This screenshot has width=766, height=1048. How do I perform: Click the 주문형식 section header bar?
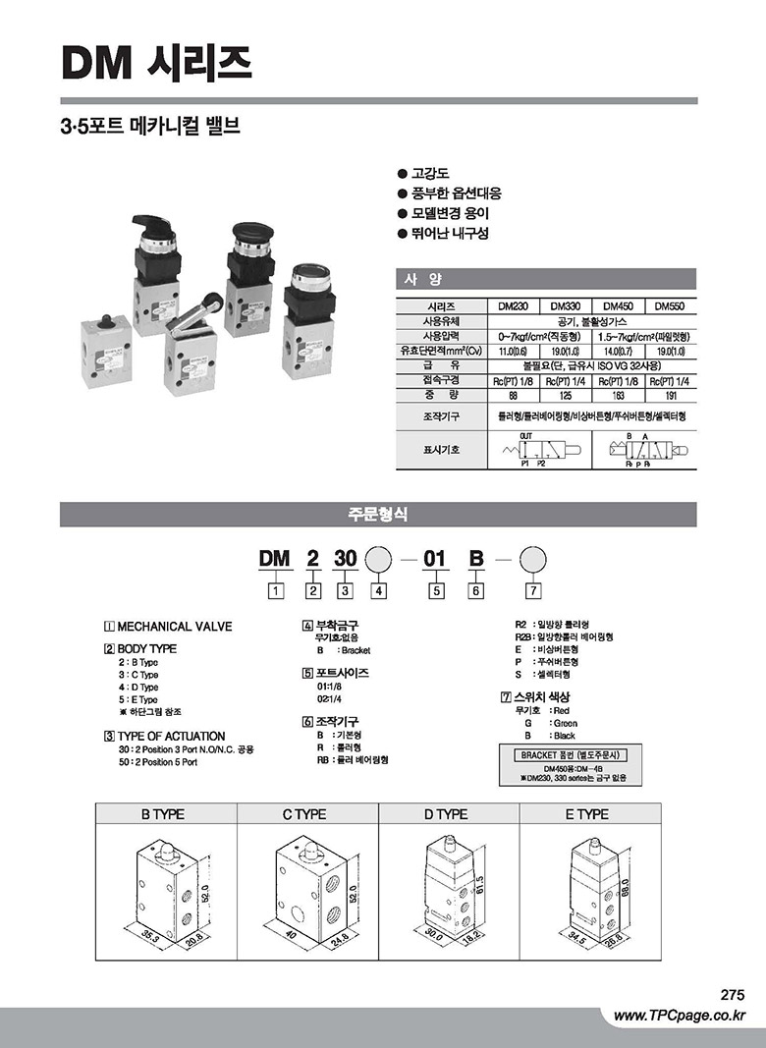[x=378, y=514]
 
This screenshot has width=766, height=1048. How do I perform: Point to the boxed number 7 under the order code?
[x=532, y=590]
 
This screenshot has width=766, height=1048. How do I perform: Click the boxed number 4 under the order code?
[x=379, y=590]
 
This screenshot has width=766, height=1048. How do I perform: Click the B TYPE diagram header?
[x=163, y=814]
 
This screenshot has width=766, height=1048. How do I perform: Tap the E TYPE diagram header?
[x=586, y=814]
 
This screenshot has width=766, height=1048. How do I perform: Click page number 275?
[x=733, y=994]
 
